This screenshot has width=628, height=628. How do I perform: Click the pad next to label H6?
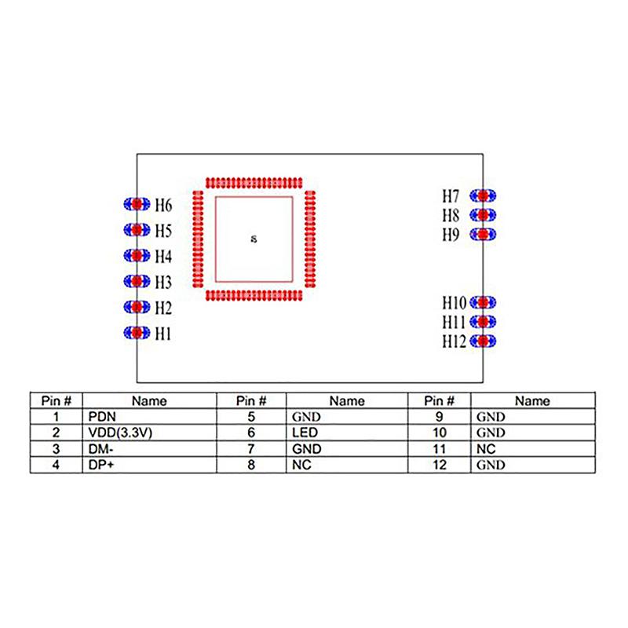(137, 203)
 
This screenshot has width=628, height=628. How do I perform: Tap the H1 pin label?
(163, 334)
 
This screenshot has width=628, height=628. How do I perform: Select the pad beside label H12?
(484, 341)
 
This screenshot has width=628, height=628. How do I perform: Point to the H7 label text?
(451, 195)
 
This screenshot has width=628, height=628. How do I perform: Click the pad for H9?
(484, 234)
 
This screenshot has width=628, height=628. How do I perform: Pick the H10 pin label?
(454, 302)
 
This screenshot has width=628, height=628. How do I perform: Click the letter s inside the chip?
(253, 238)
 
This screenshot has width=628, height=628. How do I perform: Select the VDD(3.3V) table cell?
(118, 433)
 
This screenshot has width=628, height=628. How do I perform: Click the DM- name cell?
(100, 449)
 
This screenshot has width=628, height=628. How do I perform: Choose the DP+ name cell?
(100, 465)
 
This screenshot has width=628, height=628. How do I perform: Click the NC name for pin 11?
(484, 449)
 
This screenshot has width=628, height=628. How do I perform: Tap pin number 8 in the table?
(251, 465)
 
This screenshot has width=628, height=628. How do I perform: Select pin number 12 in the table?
(440, 465)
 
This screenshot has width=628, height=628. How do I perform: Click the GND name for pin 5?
(305, 417)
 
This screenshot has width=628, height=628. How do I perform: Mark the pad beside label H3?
(137, 281)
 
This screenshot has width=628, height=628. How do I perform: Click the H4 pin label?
(163, 256)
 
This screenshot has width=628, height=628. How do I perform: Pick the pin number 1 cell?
(56, 417)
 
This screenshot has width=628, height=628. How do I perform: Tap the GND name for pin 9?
(491, 417)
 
